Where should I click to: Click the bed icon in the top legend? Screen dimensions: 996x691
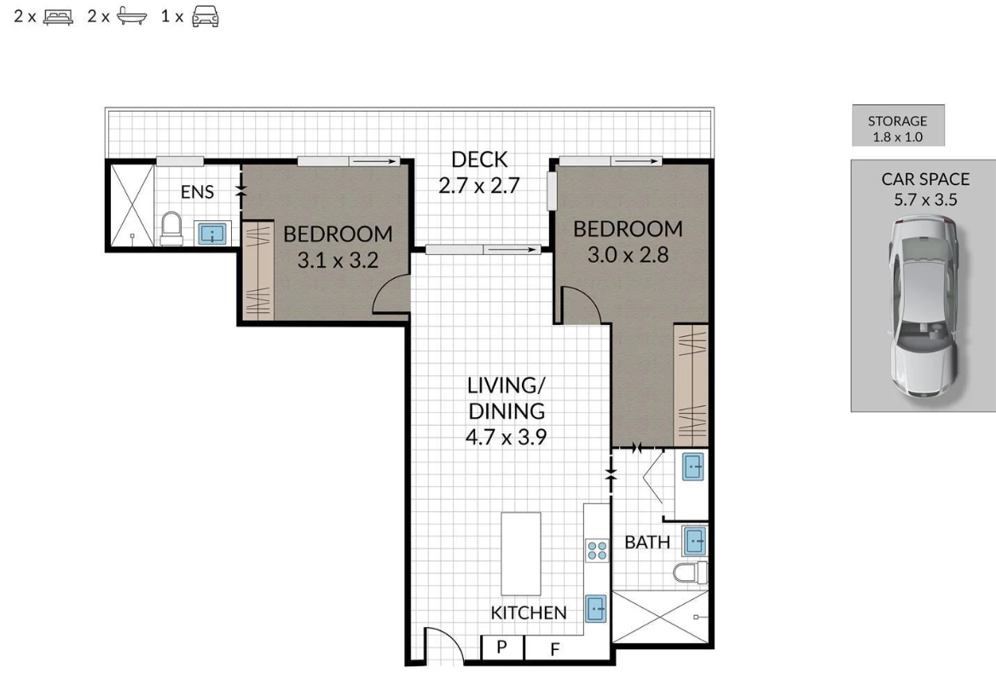point(58,17)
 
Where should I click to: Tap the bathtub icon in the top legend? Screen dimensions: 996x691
point(131,16)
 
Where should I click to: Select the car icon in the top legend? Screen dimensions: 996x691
point(206,16)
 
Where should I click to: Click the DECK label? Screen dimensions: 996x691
point(479,159)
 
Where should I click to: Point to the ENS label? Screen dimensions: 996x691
point(197,192)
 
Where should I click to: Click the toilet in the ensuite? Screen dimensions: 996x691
point(171,229)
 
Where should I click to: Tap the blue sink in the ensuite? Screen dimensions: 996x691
point(211,233)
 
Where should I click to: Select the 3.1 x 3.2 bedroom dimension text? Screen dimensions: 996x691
point(338,260)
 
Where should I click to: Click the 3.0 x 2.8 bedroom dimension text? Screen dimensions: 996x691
point(628,255)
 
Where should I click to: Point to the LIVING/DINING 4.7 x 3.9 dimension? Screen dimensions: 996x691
point(507,438)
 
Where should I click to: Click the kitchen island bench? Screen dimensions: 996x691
point(521,554)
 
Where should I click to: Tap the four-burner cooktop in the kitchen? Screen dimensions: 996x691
point(597,550)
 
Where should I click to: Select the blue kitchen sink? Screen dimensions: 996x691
point(596,609)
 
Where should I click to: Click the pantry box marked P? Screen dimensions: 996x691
point(502,647)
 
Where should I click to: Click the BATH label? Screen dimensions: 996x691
point(647,543)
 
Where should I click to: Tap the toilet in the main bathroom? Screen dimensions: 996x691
point(690,572)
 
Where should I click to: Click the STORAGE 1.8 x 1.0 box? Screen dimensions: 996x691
point(898,126)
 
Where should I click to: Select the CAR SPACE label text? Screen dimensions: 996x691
point(925,179)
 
